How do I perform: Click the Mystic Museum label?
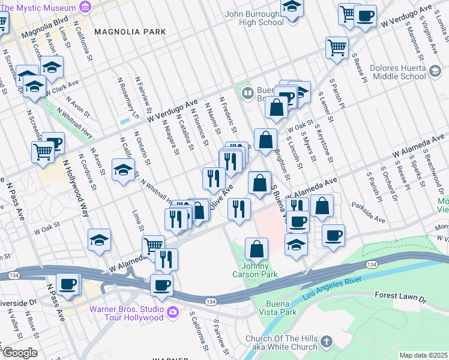pos(37,8)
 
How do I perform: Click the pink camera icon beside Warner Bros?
pos(173,311)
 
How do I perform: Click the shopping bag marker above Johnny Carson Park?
pos(256,248)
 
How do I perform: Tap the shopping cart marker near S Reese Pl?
pos(337,47)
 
